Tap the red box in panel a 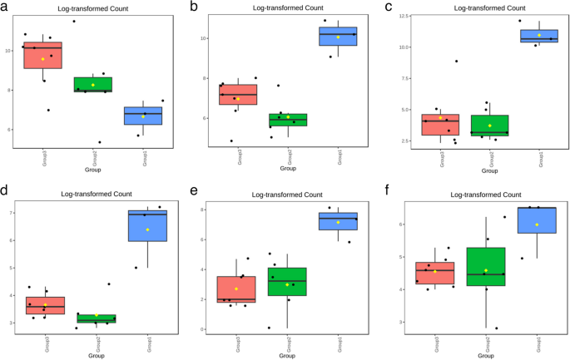click(47, 55)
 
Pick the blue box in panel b click(338, 36)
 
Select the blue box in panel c click(539, 35)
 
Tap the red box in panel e click(235, 289)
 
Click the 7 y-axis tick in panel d click(12, 213)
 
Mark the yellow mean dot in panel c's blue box click(539, 35)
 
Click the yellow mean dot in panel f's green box click(486, 270)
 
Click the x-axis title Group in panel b click(288, 169)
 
